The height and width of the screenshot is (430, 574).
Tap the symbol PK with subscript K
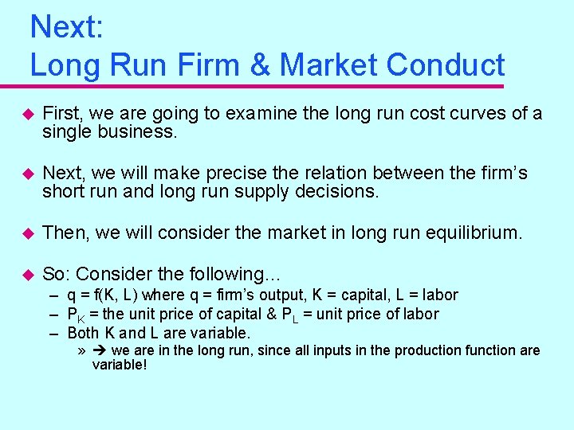pyautogui.click(x=76, y=315)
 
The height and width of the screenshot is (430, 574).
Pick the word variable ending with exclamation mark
pyautogui.click(x=120, y=365)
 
